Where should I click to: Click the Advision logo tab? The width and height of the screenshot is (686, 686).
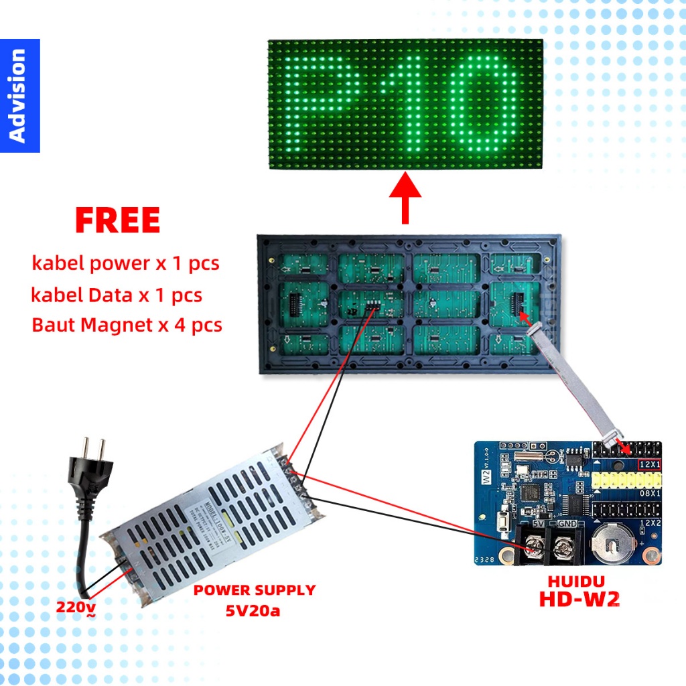19,95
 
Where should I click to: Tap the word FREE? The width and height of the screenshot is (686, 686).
117,220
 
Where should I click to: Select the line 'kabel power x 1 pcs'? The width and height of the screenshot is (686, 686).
125,263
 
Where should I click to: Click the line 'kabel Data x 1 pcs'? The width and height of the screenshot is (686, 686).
117,294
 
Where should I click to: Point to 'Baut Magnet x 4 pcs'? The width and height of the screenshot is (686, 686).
127,325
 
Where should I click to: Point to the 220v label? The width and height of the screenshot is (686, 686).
75,607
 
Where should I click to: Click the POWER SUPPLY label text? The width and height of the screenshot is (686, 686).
254,590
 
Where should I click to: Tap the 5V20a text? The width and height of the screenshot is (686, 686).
254,610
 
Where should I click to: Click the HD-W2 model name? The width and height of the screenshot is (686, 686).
579,599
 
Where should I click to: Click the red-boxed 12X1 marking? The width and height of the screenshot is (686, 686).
648,464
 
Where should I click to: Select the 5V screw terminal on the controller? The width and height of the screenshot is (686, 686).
534,546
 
